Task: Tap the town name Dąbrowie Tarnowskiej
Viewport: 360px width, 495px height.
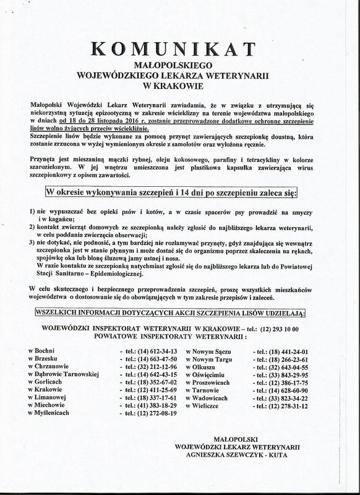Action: [64, 375]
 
